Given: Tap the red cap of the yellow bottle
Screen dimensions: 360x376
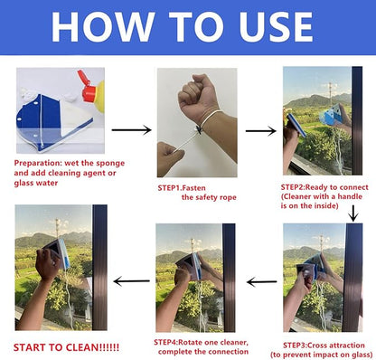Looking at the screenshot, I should pyautogui.click(x=89, y=90).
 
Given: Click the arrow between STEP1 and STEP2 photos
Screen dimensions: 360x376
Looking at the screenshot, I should pyautogui.click(x=259, y=130).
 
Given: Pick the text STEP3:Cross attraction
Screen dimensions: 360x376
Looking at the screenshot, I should pyautogui.click(x=324, y=344).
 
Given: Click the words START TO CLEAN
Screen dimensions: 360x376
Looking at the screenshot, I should pyautogui.click(x=65, y=346).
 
